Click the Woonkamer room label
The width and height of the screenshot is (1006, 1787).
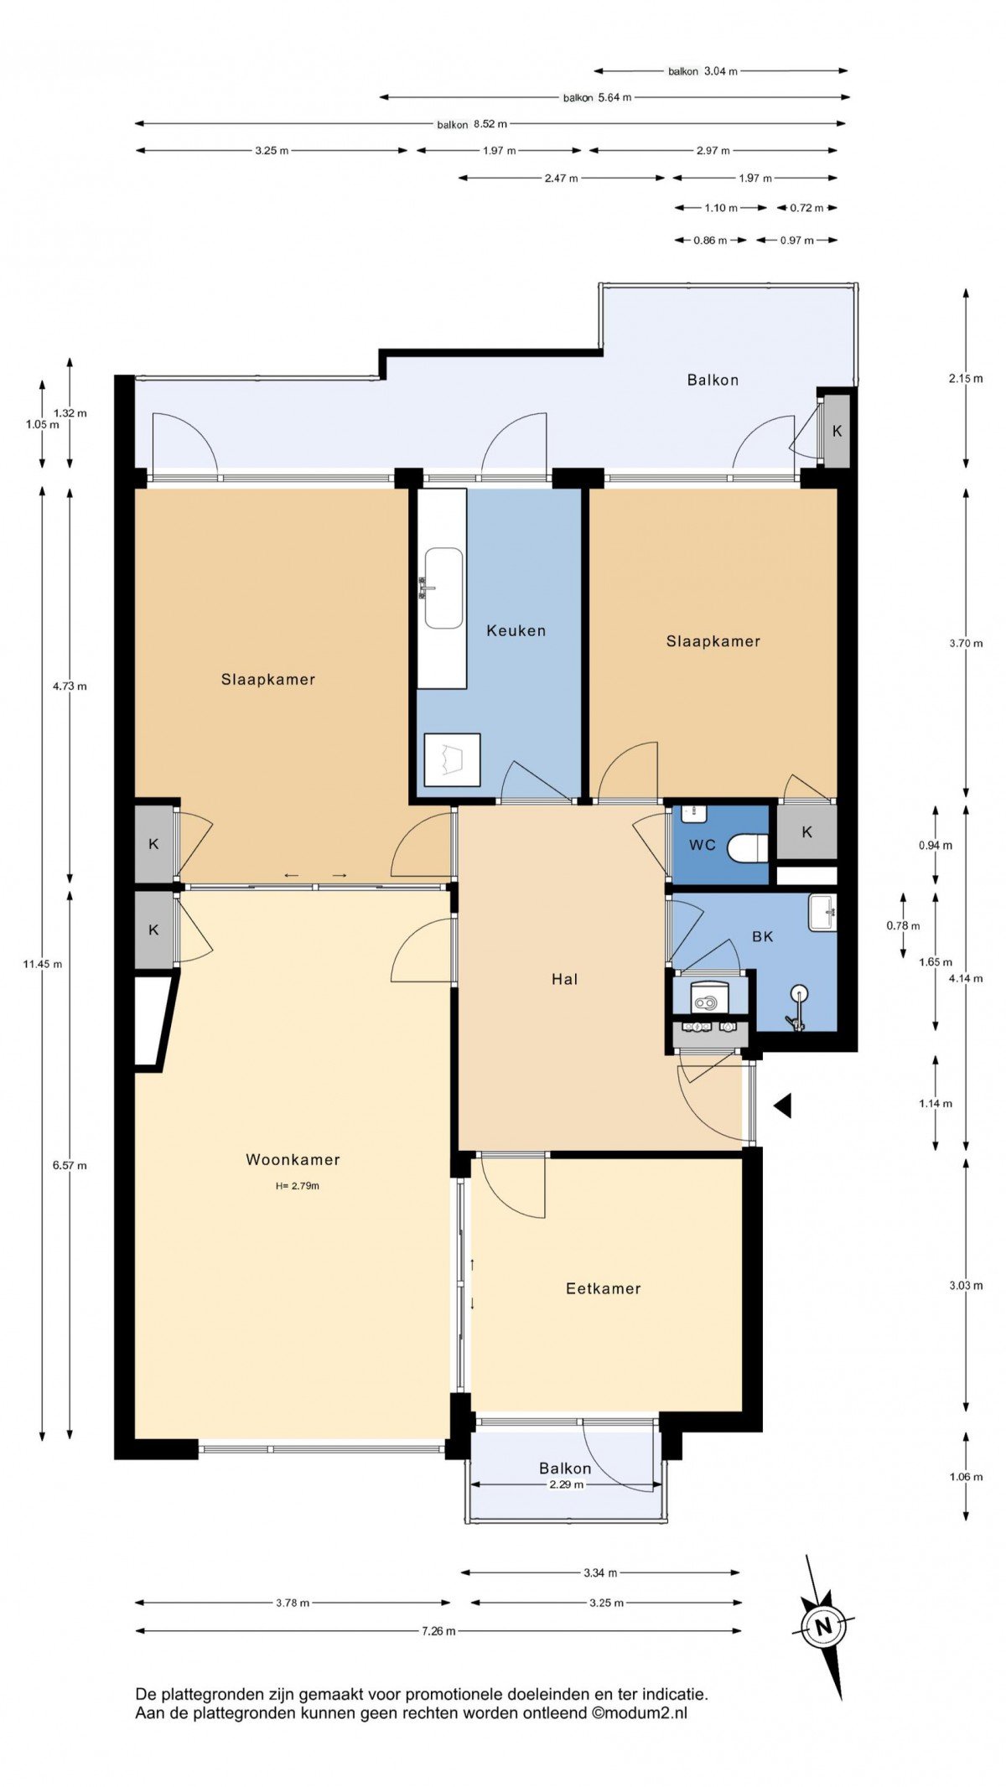tap(293, 1159)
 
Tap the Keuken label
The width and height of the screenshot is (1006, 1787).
tap(516, 630)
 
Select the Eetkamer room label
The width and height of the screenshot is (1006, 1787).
tap(603, 1288)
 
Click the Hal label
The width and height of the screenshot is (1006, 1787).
tap(564, 978)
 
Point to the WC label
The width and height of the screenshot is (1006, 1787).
tap(703, 845)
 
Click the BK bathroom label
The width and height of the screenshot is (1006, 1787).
tap(762, 936)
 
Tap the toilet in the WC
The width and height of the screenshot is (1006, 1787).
tap(748, 847)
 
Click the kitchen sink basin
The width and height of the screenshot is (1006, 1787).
tap(443, 588)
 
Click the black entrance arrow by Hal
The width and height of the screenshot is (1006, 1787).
tap(784, 1106)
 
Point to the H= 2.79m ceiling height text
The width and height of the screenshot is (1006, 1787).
tap(297, 1186)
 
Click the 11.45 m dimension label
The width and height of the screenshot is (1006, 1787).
tap(43, 964)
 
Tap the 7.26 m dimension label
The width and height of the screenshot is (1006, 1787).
tap(438, 1631)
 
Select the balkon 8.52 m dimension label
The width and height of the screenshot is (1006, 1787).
tap(472, 124)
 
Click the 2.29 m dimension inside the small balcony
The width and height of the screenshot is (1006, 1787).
tap(566, 1484)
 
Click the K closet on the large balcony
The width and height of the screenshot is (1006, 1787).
tap(836, 431)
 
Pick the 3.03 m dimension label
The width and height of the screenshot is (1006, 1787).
tap(966, 1285)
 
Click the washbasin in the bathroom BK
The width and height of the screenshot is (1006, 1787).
tap(822, 913)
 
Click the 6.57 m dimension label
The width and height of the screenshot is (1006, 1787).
tap(70, 1165)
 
